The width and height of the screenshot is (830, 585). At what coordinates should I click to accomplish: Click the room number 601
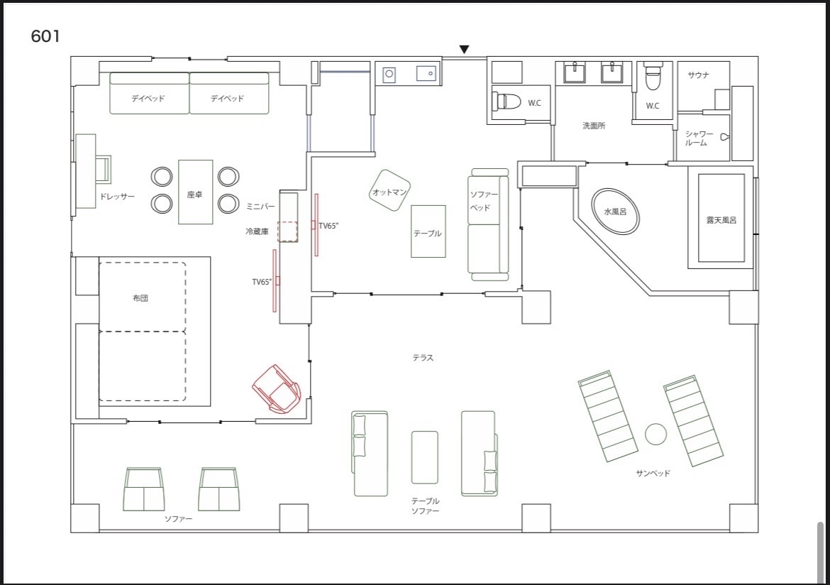45,36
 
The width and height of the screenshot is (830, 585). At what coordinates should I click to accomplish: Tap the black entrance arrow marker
464,49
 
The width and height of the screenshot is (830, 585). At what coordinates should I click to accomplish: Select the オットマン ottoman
389,191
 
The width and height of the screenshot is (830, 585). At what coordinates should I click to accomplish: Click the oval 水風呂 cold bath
615,211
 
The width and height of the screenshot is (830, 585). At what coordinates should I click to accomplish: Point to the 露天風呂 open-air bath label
721,220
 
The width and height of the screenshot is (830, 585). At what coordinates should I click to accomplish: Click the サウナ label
698,75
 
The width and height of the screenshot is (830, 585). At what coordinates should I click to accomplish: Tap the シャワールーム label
699,138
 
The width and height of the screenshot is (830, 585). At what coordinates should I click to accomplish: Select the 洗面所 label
594,126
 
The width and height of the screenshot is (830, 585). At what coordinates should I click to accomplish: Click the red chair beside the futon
277,388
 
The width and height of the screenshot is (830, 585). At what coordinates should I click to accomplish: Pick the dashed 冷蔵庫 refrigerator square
287,231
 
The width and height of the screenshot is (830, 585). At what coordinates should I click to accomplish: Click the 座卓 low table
195,192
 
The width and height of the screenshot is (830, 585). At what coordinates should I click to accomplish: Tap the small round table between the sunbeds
656,434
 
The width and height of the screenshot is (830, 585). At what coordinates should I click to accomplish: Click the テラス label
423,358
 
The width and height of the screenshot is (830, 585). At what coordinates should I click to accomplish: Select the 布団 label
140,297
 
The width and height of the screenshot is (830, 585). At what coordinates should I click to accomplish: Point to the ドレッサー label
117,196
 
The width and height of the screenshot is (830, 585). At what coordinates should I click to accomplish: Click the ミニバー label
260,206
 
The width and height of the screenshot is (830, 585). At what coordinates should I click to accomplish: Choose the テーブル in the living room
428,231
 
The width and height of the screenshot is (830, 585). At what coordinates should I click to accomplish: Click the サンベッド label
653,474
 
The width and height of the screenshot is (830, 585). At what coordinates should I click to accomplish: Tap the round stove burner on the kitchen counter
389,74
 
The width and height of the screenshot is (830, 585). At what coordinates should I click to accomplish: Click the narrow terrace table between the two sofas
424,457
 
